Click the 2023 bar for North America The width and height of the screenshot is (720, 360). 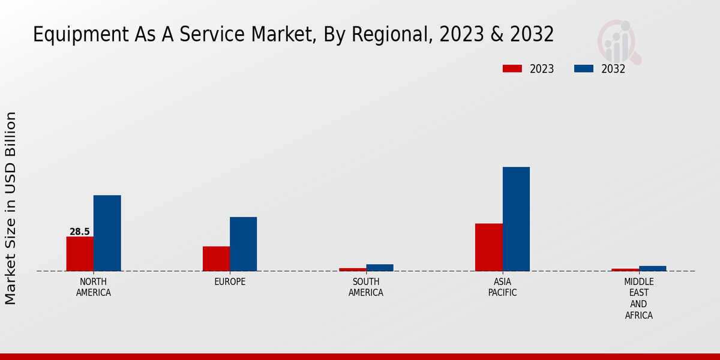(80, 254)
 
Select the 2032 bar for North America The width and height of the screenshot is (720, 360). (107, 233)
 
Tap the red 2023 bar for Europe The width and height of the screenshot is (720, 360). (216, 259)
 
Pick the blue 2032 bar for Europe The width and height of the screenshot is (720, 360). (243, 244)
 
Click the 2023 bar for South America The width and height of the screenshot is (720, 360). (352, 269)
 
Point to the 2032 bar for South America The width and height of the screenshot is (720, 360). (380, 268)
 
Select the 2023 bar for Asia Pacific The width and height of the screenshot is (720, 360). (489, 247)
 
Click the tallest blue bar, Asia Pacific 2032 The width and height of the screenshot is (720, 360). (516, 219)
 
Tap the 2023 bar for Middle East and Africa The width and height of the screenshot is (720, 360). (625, 269)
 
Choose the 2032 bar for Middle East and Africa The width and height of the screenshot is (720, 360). (652, 268)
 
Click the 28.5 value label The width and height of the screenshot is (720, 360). (80, 232)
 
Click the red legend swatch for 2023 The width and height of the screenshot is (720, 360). (512, 68)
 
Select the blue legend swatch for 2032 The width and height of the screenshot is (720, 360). (584, 68)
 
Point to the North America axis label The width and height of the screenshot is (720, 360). (94, 287)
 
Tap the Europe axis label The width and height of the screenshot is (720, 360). (230, 282)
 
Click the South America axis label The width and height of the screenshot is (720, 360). (366, 287)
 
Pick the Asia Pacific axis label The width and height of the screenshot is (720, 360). (503, 287)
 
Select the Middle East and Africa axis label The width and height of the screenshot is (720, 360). (639, 298)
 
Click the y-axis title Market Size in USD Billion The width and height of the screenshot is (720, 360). (11, 208)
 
